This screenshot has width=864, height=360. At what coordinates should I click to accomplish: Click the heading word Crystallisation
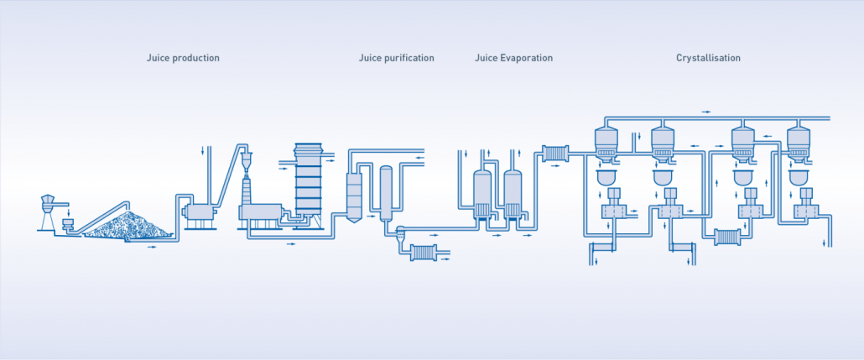[708, 58]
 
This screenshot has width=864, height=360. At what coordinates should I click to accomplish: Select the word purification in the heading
[408, 58]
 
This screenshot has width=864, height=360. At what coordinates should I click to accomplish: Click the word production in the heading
[195, 58]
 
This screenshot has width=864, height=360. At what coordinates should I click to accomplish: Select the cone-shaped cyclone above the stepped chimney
[247, 161]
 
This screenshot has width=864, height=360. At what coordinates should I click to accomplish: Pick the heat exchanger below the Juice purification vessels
[424, 253]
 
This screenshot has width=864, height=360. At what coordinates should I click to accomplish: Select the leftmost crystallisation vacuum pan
[606, 144]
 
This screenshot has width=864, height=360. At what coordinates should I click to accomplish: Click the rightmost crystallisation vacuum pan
[799, 144]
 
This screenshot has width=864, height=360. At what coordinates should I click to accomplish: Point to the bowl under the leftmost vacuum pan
[606, 178]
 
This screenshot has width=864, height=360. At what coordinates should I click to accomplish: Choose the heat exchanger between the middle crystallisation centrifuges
[727, 237]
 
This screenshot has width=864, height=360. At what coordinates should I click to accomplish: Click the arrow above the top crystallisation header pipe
[705, 112]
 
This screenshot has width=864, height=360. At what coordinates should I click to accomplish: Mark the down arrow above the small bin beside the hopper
[68, 212]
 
